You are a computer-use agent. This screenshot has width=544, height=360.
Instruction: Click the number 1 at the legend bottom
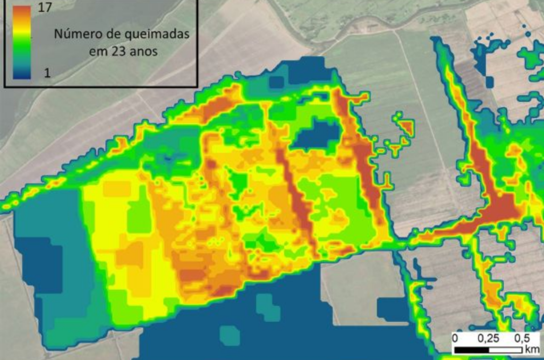click(x=47, y=73)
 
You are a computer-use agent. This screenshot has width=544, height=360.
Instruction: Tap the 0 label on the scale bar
click(x=455, y=338)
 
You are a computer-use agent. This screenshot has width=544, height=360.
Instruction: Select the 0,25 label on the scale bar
click(x=488, y=338)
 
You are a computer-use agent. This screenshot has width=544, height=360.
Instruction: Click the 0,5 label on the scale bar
click(x=522, y=338)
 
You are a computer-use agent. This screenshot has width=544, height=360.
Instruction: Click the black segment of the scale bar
click(x=472, y=350)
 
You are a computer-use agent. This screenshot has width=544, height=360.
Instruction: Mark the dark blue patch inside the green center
click(x=317, y=134)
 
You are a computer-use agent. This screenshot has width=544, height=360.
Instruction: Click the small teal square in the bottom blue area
click(x=230, y=336)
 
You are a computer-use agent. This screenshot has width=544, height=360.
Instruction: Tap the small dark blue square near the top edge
click(x=276, y=82)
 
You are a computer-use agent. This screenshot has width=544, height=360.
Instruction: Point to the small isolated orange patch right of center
click(x=407, y=127)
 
